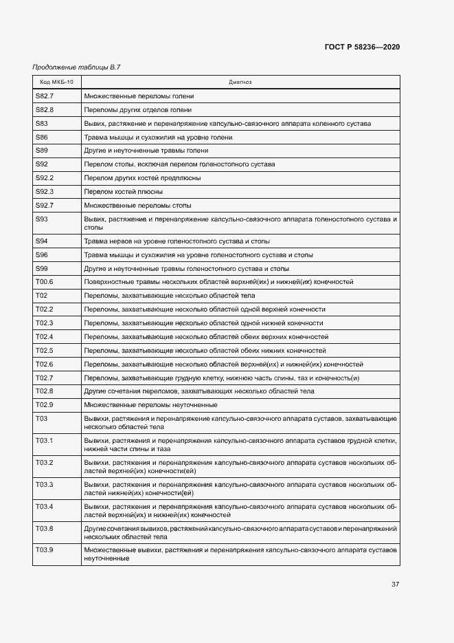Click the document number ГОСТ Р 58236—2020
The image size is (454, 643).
coord(362,47)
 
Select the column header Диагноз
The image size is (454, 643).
coord(240,82)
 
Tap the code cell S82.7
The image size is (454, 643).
coord(45,96)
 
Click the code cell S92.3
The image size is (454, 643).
coord(45,191)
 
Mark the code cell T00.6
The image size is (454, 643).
coord(45,282)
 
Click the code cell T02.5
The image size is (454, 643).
coord(45,350)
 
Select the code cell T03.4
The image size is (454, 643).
coord(45,506)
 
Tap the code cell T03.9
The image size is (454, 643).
coord(45,550)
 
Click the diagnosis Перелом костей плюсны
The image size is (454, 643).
coord(123,191)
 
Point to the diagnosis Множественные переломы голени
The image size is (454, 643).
coord(139,96)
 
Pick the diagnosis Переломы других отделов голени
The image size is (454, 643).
coord(137,109)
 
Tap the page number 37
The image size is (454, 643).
coord(396,584)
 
